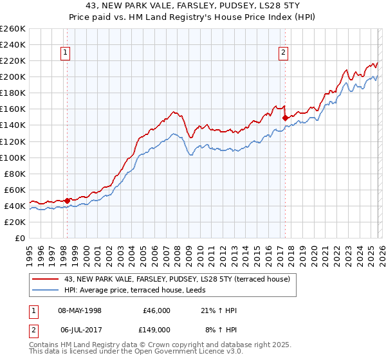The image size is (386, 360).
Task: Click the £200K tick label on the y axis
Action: point(12,76)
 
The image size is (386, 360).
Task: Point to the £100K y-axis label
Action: point(12,157)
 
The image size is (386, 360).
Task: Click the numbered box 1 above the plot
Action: point(66,53)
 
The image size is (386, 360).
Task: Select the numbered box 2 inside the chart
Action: point(283,53)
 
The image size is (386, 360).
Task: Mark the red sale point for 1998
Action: point(67,201)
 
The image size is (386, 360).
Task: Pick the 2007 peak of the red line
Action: point(174,111)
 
